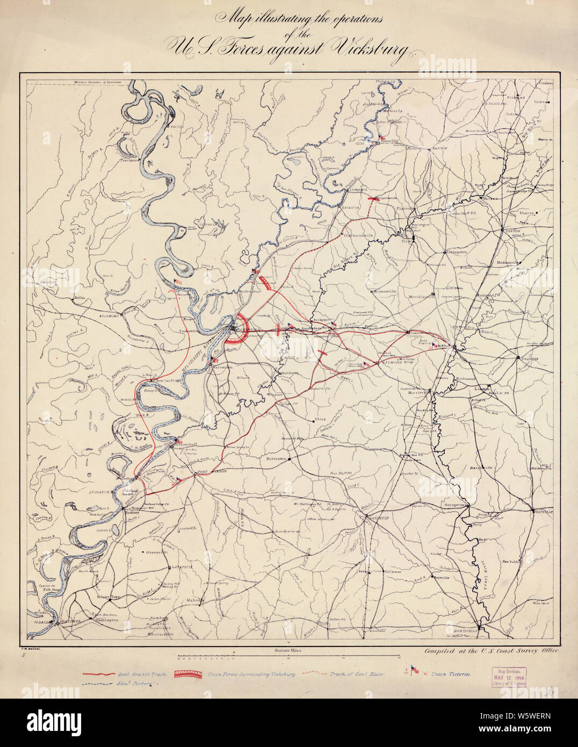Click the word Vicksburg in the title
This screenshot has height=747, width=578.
371,48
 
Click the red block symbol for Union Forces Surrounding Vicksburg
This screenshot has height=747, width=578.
189,673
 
